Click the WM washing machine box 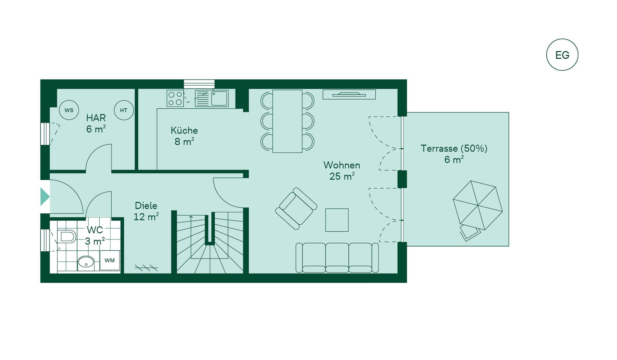[x=110, y=260]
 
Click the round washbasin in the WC [x=86, y=263]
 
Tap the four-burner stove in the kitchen [x=175, y=98]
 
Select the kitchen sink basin [x=219, y=98]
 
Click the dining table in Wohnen [x=287, y=121]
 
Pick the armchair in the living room [x=296, y=208]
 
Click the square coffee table [x=337, y=220]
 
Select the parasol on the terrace [x=478, y=205]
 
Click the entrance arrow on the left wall [x=45, y=196]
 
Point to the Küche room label [x=184, y=130]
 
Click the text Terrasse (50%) [x=454, y=148]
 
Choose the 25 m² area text [x=342, y=176]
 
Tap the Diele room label [x=146, y=206]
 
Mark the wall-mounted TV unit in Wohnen [x=349, y=94]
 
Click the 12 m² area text [x=146, y=217]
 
